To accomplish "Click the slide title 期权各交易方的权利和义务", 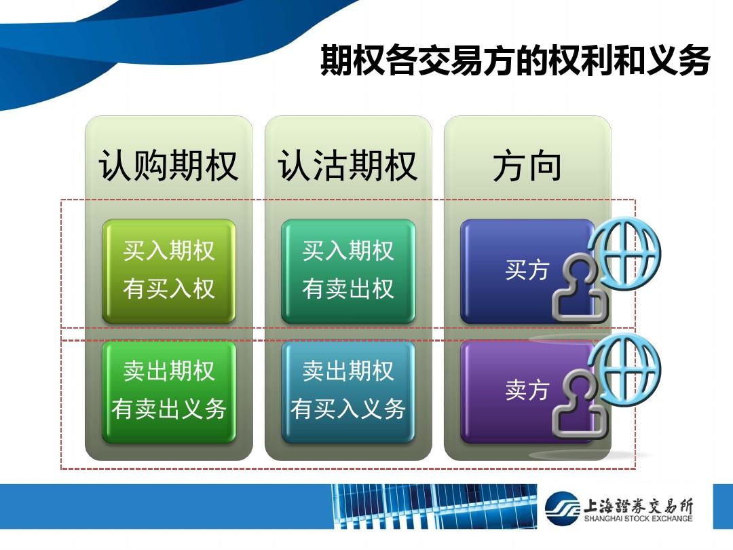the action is tap(515, 60).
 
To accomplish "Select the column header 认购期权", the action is tap(169, 166).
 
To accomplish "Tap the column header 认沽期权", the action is tap(347, 166).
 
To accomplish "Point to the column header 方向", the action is tap(527, 166).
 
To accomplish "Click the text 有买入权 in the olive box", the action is tap(169, 289).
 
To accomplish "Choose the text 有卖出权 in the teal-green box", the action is tap(347, 289).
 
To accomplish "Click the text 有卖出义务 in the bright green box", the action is tap(169, 409).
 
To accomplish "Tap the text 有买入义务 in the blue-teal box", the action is tap(347, 409).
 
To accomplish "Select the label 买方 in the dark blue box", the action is tap(527, 270).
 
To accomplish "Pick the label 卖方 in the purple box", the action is tap(527, 390).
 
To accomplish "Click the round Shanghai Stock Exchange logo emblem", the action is tap(563, 508).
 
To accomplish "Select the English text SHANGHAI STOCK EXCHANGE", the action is tap(638, 519).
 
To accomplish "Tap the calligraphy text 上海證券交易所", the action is tap(638, 506).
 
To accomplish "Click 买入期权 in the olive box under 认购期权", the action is tap(169, 251).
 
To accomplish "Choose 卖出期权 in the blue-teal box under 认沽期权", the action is tap(347, 371).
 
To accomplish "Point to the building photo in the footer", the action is tap(435, 507).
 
